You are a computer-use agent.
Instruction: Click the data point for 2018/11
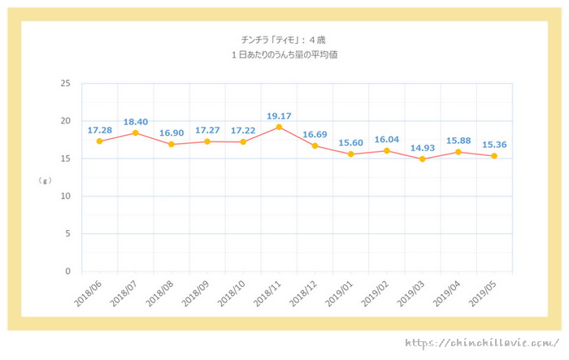[279, 127]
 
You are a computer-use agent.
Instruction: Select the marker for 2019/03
[422, 159]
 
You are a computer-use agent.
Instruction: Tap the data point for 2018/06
[99, 141]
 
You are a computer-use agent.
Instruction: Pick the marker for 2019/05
[493, 156]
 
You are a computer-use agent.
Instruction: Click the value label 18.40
[136, 123]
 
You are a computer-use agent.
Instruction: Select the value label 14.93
[422, 147]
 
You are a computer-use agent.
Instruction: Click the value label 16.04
[387, 140]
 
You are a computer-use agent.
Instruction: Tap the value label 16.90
[172, 133]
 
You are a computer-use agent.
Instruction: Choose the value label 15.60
[350, 142]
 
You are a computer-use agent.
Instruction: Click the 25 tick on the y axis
[65, 84]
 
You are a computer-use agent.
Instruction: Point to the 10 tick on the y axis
[65, 197]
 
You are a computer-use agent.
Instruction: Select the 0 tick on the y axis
[67, 272]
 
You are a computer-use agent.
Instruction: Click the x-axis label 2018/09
[194, 292]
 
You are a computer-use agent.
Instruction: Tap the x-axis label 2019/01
[337, 292]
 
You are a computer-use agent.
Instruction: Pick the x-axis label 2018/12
[302, 292]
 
